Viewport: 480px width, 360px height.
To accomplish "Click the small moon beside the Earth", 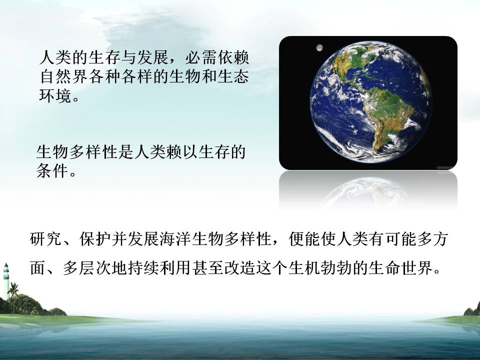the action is pos(319,48).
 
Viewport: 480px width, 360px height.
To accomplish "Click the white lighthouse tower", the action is pos(6,281).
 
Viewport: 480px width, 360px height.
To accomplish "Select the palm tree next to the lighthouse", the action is pos(13,297).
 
